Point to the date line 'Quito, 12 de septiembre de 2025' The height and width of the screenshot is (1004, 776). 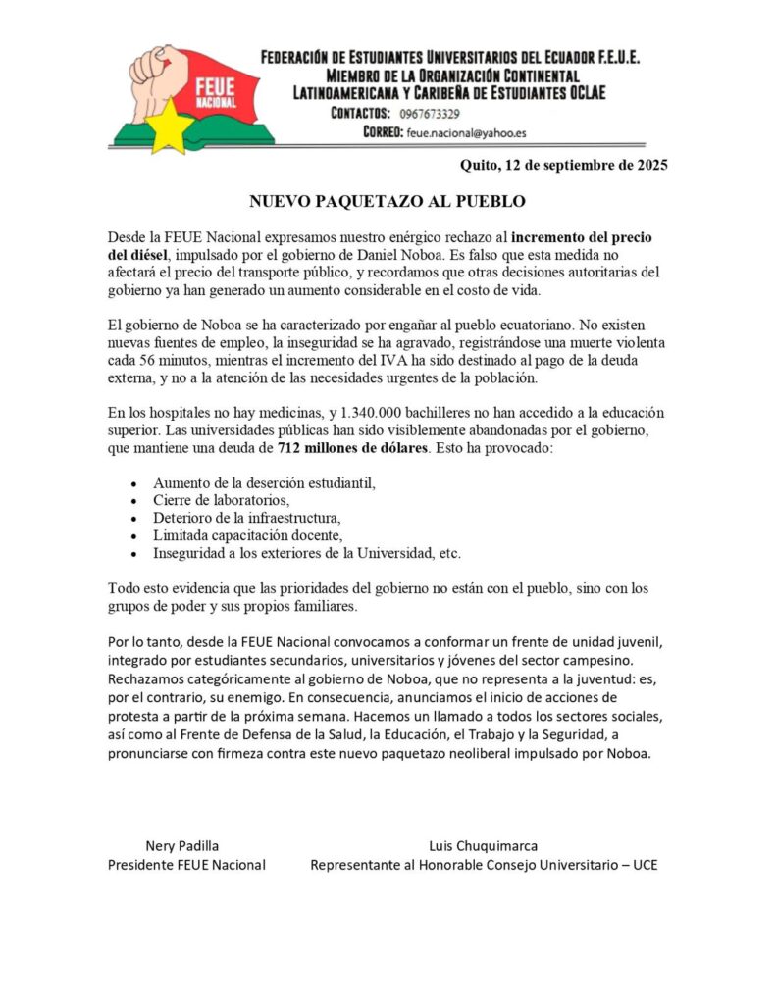pos(563,165)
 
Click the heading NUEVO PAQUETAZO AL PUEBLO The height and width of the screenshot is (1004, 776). pos(388,202)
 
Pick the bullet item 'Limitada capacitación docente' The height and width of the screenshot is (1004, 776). pos(247,535)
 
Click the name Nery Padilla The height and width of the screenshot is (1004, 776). pos(182,846)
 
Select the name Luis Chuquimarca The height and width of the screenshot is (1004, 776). pos(483,846)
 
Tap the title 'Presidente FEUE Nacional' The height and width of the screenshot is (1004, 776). pos(186,865)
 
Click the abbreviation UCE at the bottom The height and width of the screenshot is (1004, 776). pos(644,865)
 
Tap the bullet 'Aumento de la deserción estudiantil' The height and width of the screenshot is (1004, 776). pos(264,482)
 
